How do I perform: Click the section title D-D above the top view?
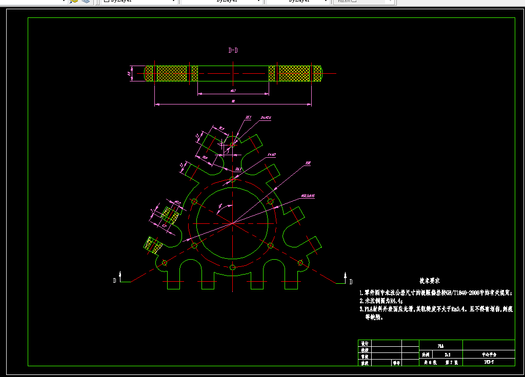coord(233,50)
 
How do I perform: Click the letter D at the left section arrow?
coord(115,281)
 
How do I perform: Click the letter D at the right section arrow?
coord(351,282)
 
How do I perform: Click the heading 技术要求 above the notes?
coord(430,281)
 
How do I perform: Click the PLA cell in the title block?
coord(440,346)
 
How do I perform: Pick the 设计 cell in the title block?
coord(365,343)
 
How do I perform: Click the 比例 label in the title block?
coord(426,354)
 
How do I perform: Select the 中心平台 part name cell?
coord(489,354)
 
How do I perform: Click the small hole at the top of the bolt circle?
coord(232,179)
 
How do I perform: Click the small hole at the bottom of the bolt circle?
coord(232,267)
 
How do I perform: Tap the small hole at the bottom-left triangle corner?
coord(164,263)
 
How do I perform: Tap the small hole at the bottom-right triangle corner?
coord(300,263)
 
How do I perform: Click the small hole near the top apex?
coord(232,145)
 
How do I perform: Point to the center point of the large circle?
coord(232,223)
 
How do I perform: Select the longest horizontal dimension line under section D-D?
coord(233,104)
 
